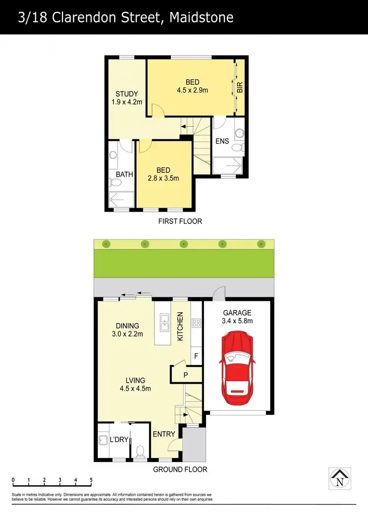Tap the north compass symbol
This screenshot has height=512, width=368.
[x=340, y=478]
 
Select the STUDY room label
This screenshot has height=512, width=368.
[x=127, y=94]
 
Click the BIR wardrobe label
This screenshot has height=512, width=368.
[x=240, y=88]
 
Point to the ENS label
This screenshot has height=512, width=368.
[x=222, y=142]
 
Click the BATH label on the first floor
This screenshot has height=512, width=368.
[x=124, y=174]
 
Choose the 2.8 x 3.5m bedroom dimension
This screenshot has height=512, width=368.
[x=163, y=178]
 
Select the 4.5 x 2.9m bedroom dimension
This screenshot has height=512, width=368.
[x=193, y=90]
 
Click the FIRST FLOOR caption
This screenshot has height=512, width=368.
[x=180, y=221]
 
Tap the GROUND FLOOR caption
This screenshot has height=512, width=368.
[x=180, y=469]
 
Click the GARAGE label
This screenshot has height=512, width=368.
[x=237, y=313]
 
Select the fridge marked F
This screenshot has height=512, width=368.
[x=196, y=356]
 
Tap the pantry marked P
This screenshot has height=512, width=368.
[x=185, y=375]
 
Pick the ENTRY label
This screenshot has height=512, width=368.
[x=163, y=434]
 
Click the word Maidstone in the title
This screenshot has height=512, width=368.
[x=201, y=18]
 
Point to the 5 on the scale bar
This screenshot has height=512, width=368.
[x=91, y=480]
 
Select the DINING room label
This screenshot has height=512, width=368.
[x=127, y=325]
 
